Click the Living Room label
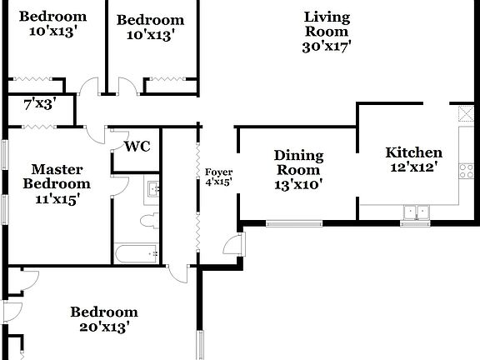tap(327, 24)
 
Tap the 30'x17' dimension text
tap(327, 47)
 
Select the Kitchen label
tap(413, 152)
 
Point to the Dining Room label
tap(298, 162)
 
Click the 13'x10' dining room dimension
tap(298, 185)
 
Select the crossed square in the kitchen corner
tap(465, 113)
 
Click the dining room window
tap(293, 223)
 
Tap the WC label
tap(137, 147)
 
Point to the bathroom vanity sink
tap(152, 191)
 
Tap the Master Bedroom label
tap(56, 176)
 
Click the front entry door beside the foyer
tap(236, 245)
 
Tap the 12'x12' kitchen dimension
tap(413, 167)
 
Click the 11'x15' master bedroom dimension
tap(56, 200)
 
